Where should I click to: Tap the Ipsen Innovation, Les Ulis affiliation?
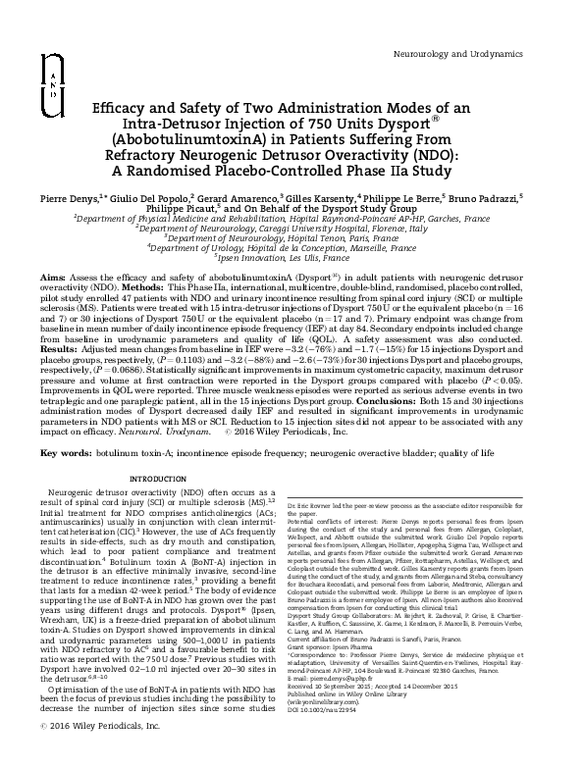291,263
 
